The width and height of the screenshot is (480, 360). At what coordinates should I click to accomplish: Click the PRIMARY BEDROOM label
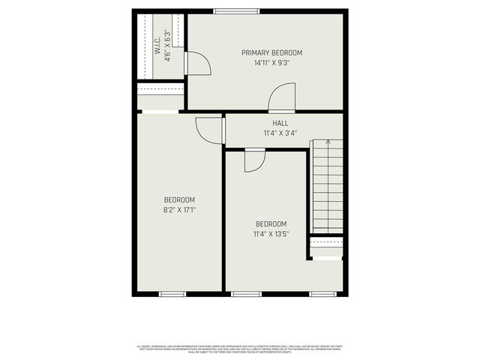pyautogui.click(x=271, y=52)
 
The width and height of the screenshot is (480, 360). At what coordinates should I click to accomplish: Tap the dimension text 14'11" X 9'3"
pyautogui.click(x=271, y=63)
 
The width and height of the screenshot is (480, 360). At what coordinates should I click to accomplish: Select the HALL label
pyautogui.click(x=280, y=123)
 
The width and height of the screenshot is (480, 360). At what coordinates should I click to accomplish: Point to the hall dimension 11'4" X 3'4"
pyautogui.click(x=280, y=133)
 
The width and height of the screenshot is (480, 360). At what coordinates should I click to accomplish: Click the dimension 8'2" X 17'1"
pyautogui.click(x=179, y=211)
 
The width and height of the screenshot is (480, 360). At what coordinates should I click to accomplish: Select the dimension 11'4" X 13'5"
pyautogui.click(x=271, y=235)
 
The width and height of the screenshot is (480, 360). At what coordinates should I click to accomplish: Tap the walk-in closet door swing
pyautogui.click(x=196, y=64)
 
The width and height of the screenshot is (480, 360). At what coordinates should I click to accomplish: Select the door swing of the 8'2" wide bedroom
pyautogui.click(x=210, y=130)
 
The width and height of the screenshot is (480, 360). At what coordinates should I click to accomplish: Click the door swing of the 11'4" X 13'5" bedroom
pyautogui.click(x=255, y=160)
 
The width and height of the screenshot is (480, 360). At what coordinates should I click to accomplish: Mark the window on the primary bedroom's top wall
pyautogui.click(x=236, y=11)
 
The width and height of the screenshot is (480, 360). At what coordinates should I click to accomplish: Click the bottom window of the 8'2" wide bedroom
pyautogui.click(x=172, y=293)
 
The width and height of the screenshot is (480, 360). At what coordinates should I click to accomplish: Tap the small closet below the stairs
pyautogui.click(x=326, y=247)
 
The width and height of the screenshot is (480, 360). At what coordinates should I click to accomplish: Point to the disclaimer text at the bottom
pyautogui.click(x=240, y=349)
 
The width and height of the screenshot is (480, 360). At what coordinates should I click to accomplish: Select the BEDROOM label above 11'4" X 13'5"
pyautogui.click(x=271, y=224)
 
